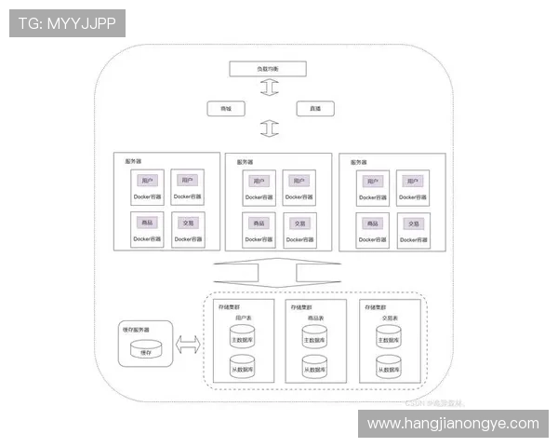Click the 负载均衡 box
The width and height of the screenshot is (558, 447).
pyautogui.click(x=268, y=69)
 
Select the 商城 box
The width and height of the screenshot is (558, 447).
pyautogui.click(x=225, y=109)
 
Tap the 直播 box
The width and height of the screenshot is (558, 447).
pyautogui.click(x=315, y=109)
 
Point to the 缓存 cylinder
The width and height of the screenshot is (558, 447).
pyautogui.click(x=145, y=349)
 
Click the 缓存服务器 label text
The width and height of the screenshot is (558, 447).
pyautogui.click(x=136, y=330)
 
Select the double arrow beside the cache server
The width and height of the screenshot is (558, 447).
pyautogui.click(x=188, y=345)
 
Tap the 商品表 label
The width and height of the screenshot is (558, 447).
pyautogui.click(x=314, y=318)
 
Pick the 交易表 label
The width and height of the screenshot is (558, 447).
pyautogui.click(x=389, y=318)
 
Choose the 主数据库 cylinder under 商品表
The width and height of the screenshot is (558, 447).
pyautogui.click(x=314, y=338)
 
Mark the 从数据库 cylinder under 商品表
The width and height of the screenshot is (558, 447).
pyautogui.click(x=314, y=367)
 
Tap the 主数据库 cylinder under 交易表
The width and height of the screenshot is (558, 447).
pyautogui.click(x=389, y=338)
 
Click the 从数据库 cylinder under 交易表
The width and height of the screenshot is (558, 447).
pyautogui.click(x=389, y=367)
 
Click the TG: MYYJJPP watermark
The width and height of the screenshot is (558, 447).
pyautogui.click(x=66, y=23)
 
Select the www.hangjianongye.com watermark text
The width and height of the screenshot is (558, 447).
pyautogui.click(x=453, y=424)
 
